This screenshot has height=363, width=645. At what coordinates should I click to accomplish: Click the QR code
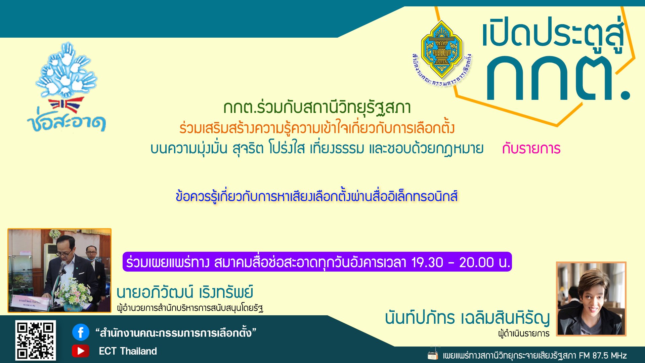click(x=35, y=340)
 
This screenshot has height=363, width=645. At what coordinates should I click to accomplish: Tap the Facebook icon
click(x=81, y=332)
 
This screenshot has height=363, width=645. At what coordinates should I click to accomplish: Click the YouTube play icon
click(x=81, y=351)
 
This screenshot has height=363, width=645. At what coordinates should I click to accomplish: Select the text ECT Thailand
click(x=128, y=351)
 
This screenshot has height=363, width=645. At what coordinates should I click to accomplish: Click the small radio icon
click(x=433, y=355)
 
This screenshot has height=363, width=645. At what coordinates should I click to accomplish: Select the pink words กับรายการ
click(x=531, y=149)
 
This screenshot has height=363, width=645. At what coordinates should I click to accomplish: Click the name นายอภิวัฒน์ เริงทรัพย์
click(x=185, y=292)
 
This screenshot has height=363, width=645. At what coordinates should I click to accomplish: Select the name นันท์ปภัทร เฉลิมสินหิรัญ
click(x=467, y=318)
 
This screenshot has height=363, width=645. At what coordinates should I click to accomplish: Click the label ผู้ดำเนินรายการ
click(x=524, y=334)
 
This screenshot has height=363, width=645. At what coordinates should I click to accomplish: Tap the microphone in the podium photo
click(x=62, y=267)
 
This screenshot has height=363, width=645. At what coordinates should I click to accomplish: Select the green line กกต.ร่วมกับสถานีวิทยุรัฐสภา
click(x=317, y=108)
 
